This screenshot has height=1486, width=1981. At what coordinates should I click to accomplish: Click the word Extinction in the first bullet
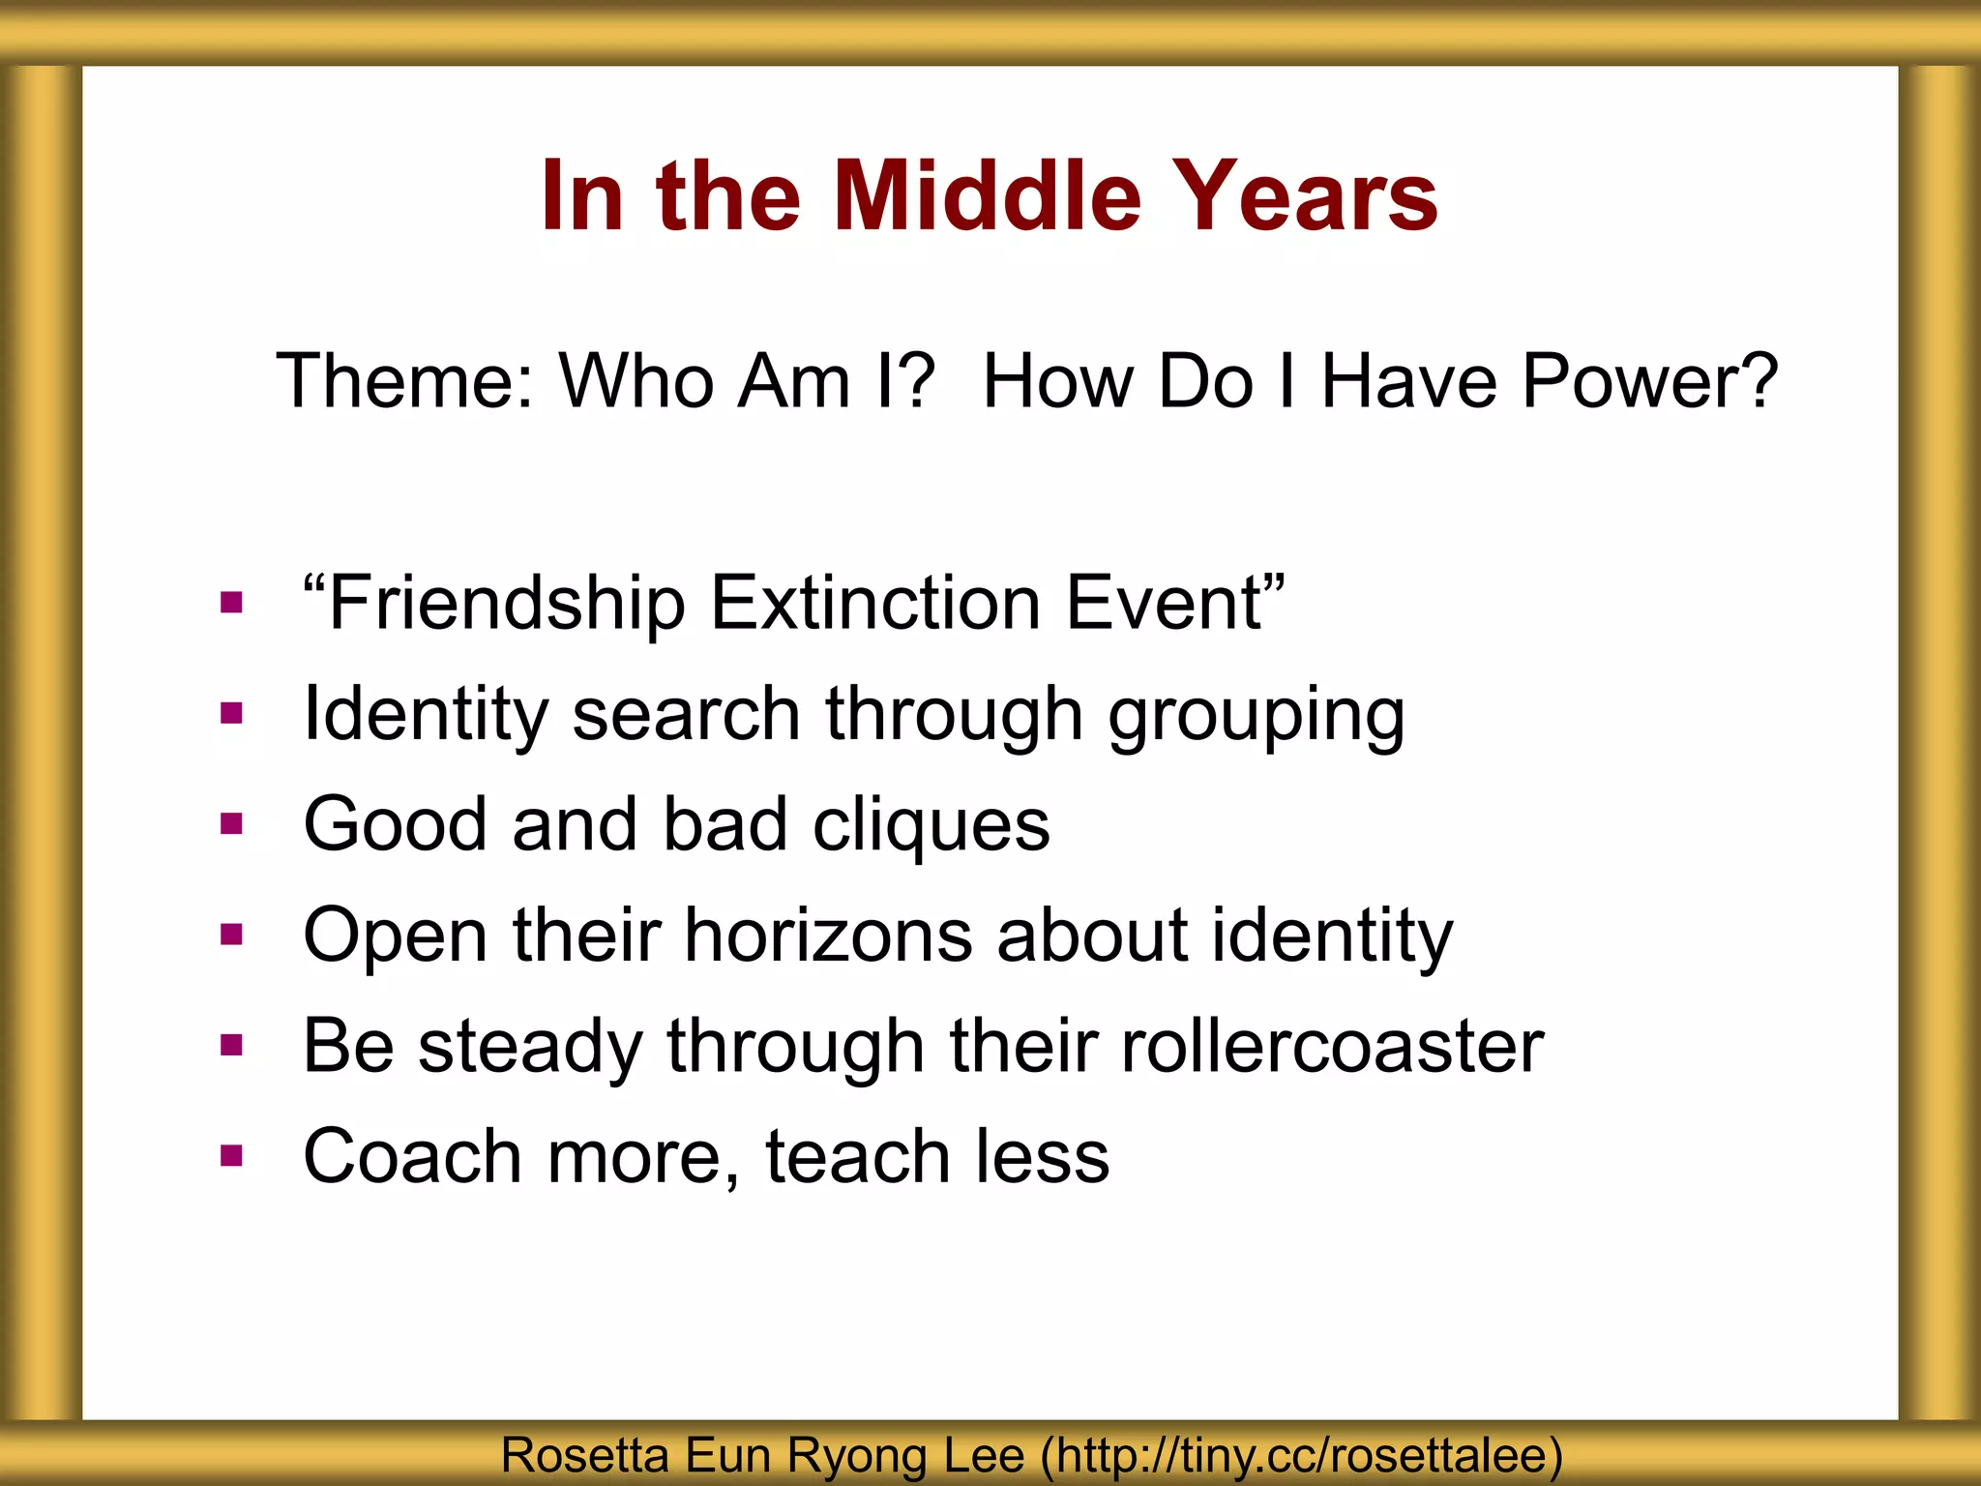[x=875, y=603]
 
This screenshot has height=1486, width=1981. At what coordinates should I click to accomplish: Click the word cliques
[x=931, y=825]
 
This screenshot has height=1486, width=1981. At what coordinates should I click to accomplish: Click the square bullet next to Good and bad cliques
[x=231, y=824]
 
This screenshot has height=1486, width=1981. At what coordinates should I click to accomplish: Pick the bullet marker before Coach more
[x=231, y=1155]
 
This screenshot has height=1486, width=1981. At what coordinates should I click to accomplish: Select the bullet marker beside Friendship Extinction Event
[x=231, y=604]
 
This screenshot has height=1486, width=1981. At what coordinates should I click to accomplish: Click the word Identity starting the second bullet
[x=426, y=714]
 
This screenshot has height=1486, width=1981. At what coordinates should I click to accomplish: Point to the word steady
[x=530, y=1046]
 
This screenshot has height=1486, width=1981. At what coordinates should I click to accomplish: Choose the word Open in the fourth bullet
[x=396, y=936]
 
